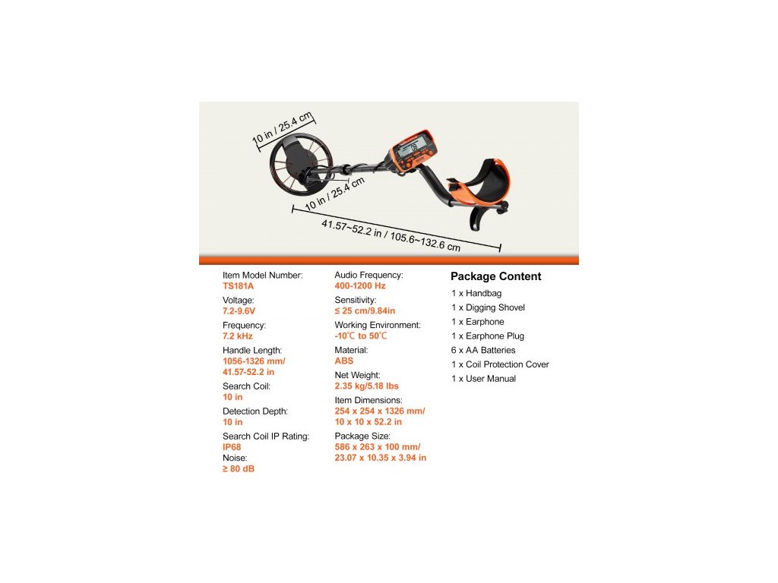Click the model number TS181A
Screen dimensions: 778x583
pos(239,286)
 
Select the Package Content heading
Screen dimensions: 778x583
pos(495,276)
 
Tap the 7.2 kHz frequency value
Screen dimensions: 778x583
pos(238,336)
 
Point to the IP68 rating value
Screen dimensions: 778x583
pos(232,447)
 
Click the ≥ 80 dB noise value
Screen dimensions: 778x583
pos(239,469)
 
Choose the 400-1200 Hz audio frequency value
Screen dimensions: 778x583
pos(360,286)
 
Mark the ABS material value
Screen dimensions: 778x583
pos(344,361)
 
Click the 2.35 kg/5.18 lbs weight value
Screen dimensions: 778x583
pos(366,386)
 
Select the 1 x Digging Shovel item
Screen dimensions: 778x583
pos(488,307)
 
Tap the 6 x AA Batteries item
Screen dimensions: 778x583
pos(483,350)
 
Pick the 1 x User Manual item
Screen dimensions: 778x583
pos(483,379)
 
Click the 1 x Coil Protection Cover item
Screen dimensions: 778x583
pos(500,364)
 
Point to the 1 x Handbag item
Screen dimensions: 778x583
pos(476,293)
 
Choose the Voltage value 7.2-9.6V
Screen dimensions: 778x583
pos(239,311)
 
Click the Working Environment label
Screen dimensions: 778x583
pos(377,325)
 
